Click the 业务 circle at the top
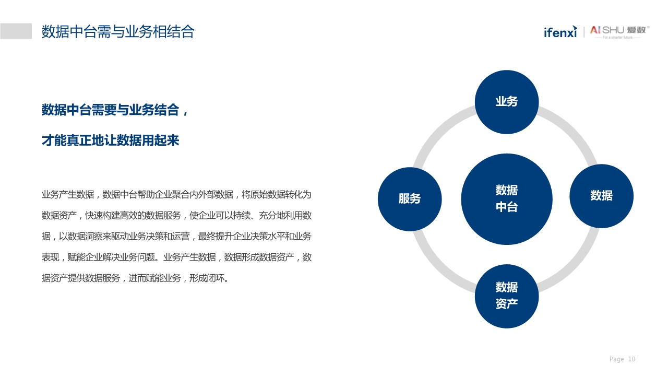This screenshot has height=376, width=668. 506,102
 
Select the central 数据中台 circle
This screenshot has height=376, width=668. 506,198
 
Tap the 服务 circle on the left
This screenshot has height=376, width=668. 410,199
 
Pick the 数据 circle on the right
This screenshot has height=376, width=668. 601,196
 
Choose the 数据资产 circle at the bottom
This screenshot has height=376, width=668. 506,296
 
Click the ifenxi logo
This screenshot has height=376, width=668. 560,32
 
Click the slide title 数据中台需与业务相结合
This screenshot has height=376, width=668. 117,32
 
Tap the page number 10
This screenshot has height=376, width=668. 631,359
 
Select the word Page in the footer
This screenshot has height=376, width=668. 616,359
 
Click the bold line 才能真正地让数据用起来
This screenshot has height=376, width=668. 110,140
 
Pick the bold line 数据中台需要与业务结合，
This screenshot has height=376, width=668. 115,110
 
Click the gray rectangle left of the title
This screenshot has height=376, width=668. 16,31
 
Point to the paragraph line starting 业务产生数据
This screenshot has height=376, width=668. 176,195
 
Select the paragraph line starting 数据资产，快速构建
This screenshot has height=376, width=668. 176,216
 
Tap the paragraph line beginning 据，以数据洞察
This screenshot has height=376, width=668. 176,237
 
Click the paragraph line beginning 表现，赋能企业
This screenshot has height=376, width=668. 176,257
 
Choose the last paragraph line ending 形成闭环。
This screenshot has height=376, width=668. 135,278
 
